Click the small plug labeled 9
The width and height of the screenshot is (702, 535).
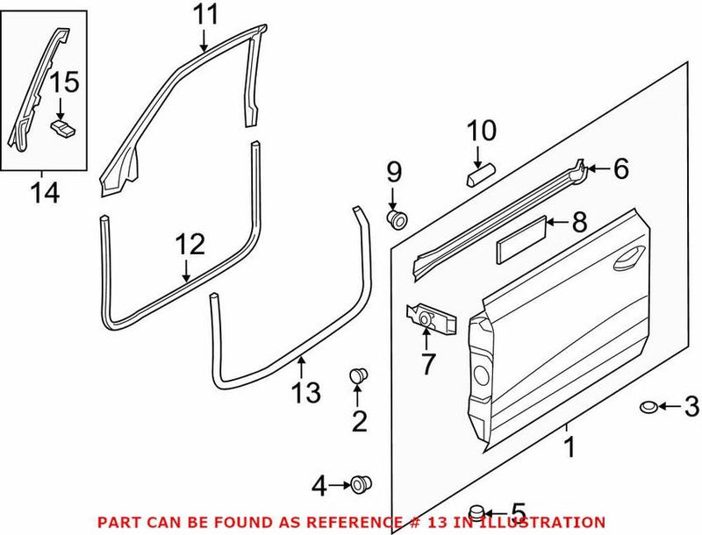tap(395, 218)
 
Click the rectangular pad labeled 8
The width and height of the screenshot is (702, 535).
tap(522, 238)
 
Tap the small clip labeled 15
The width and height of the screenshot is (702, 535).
tap(61, 129)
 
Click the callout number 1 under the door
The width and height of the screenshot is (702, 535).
tap(568, 448)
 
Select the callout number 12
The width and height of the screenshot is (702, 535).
tap(190, 245)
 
